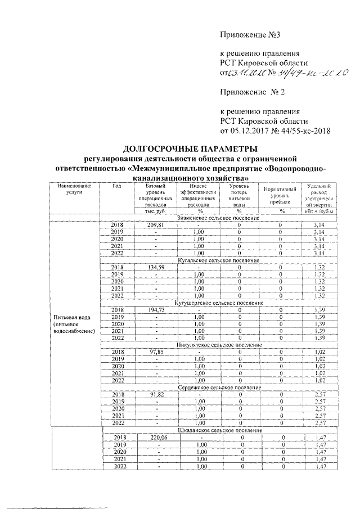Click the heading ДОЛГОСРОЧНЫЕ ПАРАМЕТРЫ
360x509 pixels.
click(x=191, y=149)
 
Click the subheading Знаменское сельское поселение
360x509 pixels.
click(x=218, y=218)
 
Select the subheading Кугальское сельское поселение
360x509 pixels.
click(x=218, y=260)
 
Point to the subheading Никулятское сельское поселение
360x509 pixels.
click(x=218, y=345)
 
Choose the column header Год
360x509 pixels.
click(x=116, y=186)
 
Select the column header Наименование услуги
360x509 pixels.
click(x=70, y=189)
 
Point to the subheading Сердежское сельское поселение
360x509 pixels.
click(x=218, y=388)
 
